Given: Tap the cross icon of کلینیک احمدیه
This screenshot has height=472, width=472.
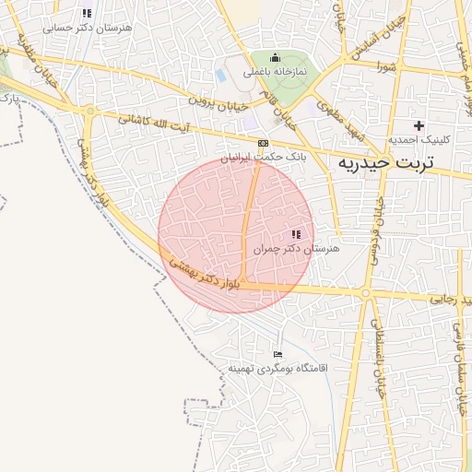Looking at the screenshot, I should tap(419, 125).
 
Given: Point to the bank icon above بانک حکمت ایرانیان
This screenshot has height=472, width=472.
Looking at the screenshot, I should tap(264, 143).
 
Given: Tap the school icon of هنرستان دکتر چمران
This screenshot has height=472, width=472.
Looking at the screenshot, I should tap(296, 234).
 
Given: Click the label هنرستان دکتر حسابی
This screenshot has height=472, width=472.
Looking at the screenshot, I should tap(95, 29).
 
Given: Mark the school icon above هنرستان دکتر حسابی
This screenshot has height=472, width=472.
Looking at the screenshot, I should tap(87, 14).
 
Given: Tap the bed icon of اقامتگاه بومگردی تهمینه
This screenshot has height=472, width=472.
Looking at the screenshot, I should tap(278, 354).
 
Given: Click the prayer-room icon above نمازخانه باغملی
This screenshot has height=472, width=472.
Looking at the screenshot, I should tap(275, 57).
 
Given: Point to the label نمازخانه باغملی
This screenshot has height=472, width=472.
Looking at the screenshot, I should tap(275, 71).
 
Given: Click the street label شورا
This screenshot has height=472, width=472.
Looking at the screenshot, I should tap(386, 66).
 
